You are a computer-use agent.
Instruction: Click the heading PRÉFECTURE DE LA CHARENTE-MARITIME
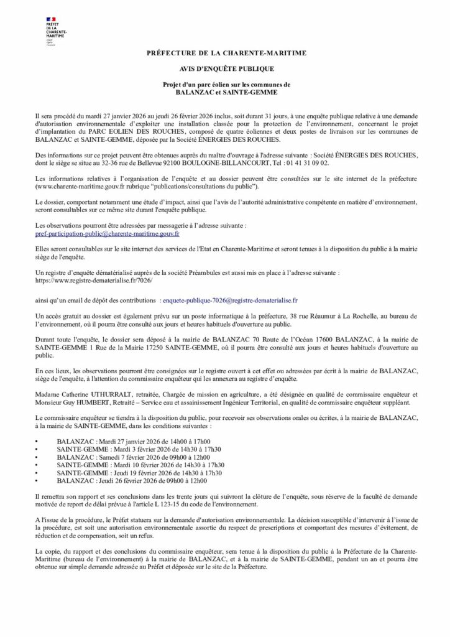click(x=225, y=54)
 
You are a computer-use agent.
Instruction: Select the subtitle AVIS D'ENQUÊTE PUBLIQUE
click(x=225, y=69)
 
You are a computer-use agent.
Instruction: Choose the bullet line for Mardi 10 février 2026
click(x=140, y=465)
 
